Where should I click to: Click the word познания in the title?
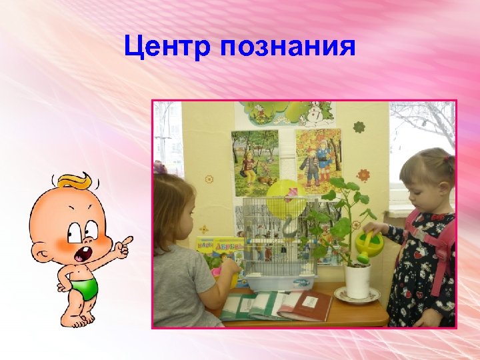(x=288, y=48)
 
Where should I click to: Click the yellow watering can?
(x=369, y=245)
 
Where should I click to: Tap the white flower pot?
(x=357, y=281)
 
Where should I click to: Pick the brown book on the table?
(x=307, y=305)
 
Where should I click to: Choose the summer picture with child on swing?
(x=255, y=162)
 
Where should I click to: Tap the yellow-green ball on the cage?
(x=285, y=197)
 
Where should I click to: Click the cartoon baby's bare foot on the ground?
(x=79, y=321)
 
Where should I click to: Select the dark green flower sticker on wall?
(x=359, y=127)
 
